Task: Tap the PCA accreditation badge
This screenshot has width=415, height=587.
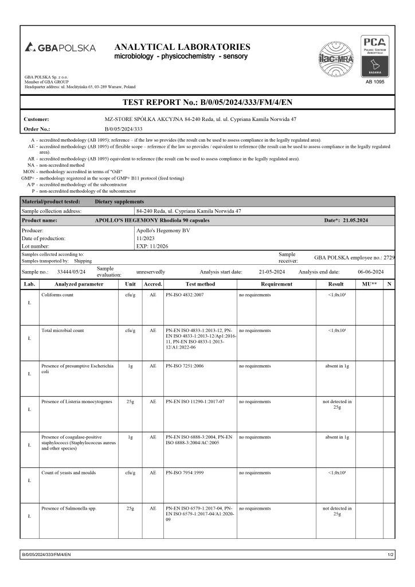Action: coord(373,55)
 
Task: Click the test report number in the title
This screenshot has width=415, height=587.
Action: coord(207,103)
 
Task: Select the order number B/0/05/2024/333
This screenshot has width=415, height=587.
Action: coord(123,129)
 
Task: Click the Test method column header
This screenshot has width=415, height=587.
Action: coord(200,284)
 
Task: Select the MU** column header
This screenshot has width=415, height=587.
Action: coord(369,284)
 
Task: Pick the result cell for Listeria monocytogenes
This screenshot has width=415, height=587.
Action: coord(337,405)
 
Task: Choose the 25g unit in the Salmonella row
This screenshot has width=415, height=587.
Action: coord(130,508)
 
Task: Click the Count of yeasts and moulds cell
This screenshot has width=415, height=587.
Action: coord(68,472)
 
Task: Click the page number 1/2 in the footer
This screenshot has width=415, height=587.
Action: coord(390,555)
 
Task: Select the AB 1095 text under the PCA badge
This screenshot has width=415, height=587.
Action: coord(373,81)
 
